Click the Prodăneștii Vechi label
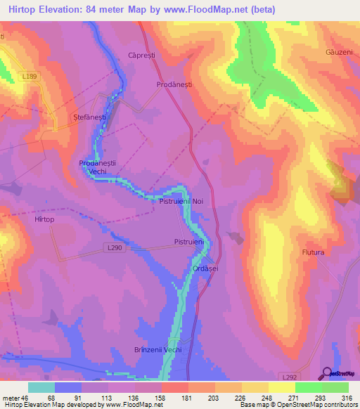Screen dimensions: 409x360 tap(97, 167)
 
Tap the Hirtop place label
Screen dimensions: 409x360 tap(44, 219)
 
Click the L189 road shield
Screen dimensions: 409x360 tap(30, 76)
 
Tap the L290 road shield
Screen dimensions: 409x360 tap(115, 247)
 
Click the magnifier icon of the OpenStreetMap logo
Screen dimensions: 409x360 tap(326, 372)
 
